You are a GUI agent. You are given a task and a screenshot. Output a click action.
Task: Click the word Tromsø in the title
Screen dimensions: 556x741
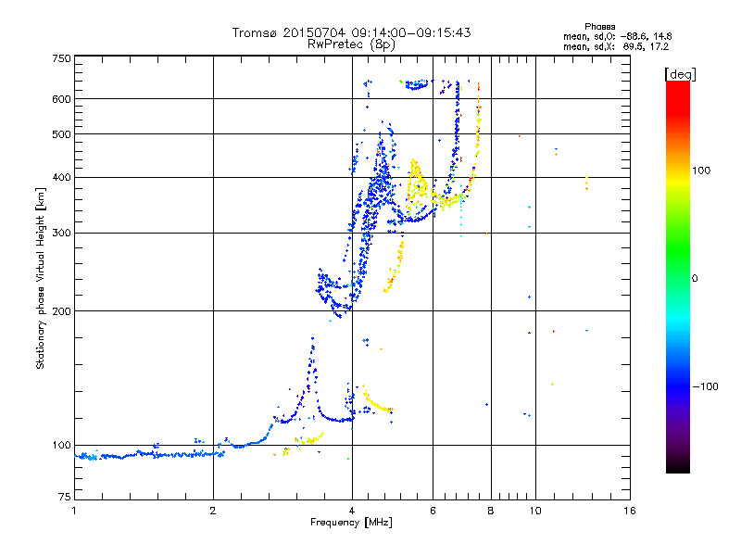255,32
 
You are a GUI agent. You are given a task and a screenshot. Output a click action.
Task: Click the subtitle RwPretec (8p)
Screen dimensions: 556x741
352,44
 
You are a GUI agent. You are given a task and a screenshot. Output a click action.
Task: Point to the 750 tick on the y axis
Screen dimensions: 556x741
61,58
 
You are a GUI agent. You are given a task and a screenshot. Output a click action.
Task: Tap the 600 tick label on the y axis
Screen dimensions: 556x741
61,99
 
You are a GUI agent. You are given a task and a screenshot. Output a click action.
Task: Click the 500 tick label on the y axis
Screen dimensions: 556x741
61,134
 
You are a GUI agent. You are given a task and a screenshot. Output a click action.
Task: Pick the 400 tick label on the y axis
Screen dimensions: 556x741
61,177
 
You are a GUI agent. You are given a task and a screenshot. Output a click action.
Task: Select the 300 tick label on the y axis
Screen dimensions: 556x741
61,233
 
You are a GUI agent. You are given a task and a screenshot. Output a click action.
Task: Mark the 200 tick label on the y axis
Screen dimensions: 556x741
61,310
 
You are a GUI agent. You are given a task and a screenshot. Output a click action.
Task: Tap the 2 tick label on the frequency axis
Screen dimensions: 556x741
213,511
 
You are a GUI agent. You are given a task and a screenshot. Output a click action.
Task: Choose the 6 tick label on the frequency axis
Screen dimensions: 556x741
433,511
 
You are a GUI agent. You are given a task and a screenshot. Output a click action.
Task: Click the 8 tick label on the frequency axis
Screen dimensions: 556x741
491,511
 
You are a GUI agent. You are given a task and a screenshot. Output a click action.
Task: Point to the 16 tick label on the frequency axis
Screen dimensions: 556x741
629,511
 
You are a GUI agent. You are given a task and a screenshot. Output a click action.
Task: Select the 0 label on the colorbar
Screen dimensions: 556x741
694,278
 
